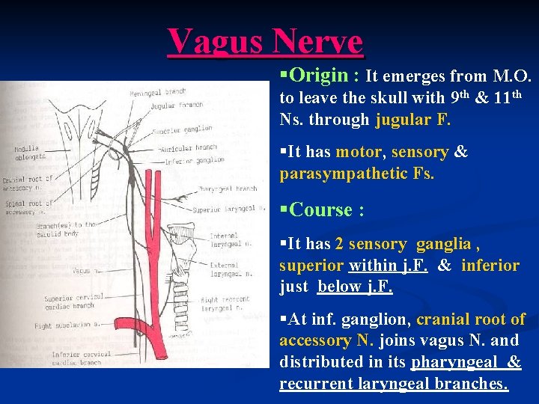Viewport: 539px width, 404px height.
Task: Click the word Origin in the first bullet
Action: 318,76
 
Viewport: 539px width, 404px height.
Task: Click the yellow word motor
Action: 359,152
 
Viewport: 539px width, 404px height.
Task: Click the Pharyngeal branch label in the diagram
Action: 228,189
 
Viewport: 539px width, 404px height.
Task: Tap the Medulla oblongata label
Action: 26,153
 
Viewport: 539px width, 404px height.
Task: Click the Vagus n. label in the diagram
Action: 85,270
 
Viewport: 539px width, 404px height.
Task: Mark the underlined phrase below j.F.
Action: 355,287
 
